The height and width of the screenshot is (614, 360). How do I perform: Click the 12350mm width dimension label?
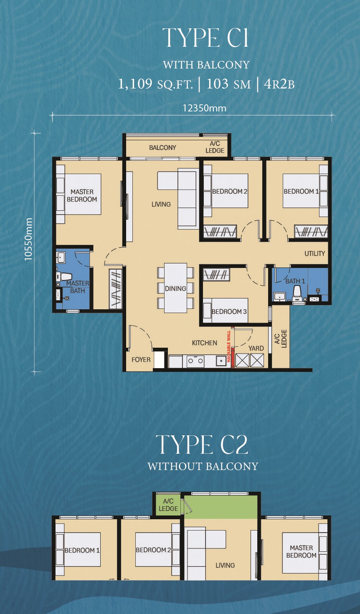coord(205,108)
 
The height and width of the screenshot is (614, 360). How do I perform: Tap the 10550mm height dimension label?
coord(28,239)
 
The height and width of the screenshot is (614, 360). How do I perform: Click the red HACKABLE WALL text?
coord(229,346)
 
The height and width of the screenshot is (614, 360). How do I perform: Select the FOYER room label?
coord(141,360)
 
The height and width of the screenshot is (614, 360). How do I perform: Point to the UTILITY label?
coord(315,253)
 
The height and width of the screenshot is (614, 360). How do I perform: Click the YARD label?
coord(256,348)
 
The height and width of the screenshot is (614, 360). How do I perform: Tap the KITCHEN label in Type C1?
coord(205,343)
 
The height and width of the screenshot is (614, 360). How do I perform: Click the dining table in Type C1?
coord(176,288)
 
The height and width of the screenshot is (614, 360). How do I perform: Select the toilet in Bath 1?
coord(297,294)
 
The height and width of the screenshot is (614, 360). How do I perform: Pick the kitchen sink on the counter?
coord(221,361)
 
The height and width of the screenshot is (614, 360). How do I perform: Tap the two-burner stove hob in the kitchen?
coord(195,361)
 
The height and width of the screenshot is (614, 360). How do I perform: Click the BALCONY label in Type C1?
coord(162,148)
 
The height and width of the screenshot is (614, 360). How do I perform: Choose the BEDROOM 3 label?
coord(229,311)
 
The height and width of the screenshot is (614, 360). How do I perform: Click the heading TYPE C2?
coord(202,445)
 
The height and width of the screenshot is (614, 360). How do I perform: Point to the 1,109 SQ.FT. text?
coord(155,84)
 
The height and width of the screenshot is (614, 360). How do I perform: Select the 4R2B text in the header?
coord(279,84)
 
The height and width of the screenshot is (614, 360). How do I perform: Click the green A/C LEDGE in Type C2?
coord(168,505)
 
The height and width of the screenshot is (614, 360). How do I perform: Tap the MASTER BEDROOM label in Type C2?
coord(302,551)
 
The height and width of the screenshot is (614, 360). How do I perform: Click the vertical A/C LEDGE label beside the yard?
coord(281,339)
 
